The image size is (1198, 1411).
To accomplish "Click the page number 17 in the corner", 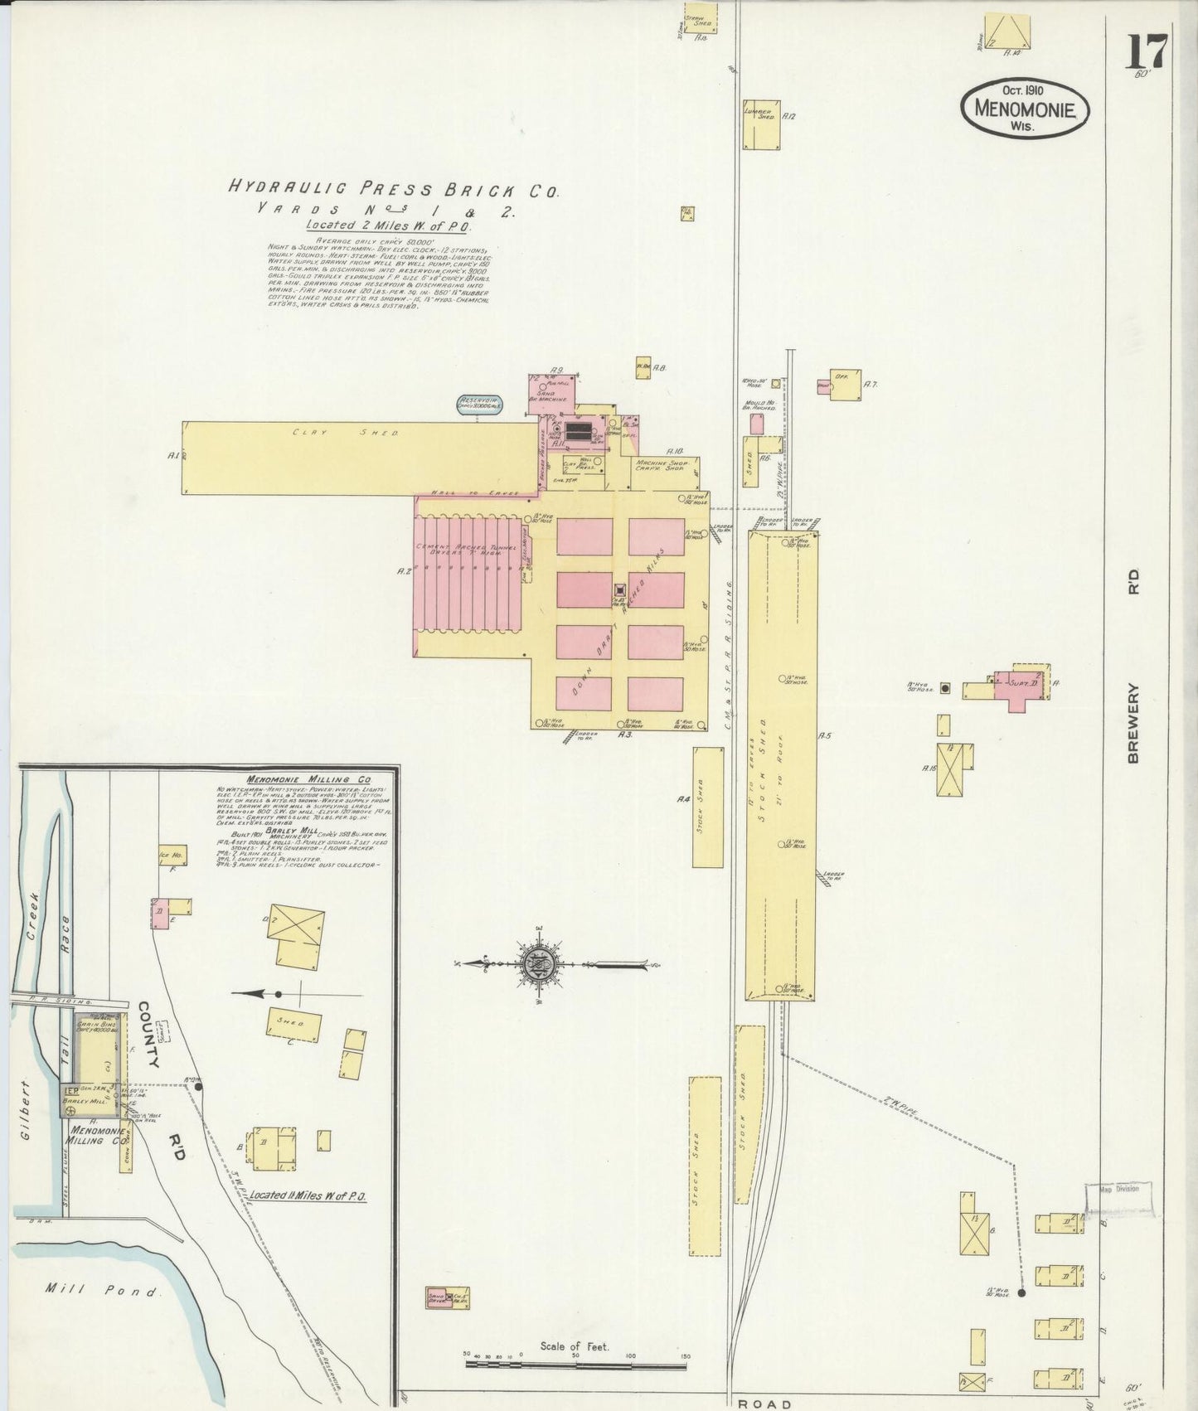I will click(x=1147, y=51).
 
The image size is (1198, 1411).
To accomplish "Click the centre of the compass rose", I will click(x=537, y=964).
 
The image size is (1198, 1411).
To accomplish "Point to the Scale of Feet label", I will click(x=574, y=1346).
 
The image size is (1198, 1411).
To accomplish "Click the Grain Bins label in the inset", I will click(x=97, y=1025).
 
